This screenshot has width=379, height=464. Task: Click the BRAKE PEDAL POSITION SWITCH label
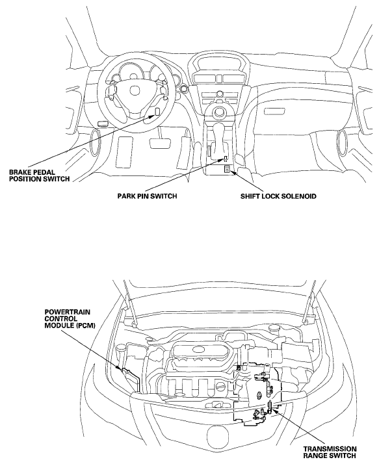coord(40,175)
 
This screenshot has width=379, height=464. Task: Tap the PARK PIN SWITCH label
coord(147,196)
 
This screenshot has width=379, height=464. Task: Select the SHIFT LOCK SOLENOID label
coord(278,196)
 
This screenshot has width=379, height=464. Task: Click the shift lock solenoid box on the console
coord(228,170)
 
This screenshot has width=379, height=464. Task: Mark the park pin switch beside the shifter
coord(226,159)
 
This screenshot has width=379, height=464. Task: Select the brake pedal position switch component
coord(157,111)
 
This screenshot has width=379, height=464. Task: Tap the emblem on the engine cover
coord(199,350)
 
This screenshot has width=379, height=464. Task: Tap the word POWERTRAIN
coord(63,312)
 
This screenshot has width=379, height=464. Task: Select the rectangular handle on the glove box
coord(274,111)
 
